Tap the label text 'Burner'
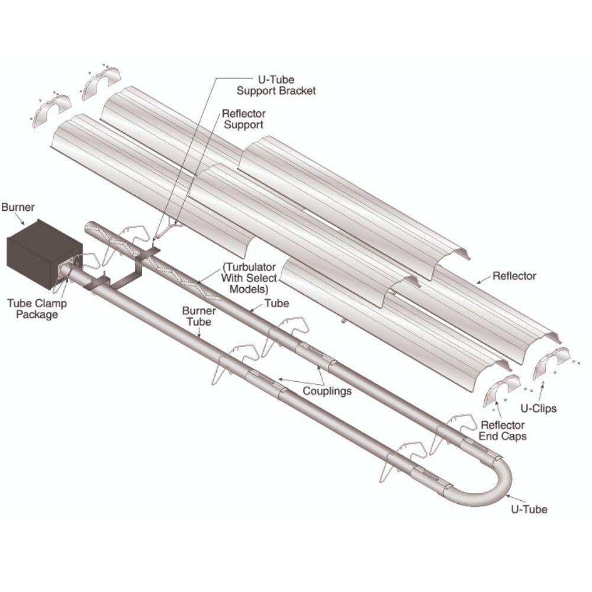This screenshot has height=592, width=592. click(18, 208)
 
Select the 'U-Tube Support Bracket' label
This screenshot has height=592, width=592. click(276, 85)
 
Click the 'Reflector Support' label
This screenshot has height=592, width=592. click(243, 119)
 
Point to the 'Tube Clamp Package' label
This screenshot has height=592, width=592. click(37, 309)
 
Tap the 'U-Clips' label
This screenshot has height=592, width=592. click(539, 408)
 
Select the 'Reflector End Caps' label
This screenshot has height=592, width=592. click(503, 431)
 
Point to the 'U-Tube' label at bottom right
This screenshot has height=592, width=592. click(530, 509)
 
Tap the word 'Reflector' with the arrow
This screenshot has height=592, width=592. click(514, 276)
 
